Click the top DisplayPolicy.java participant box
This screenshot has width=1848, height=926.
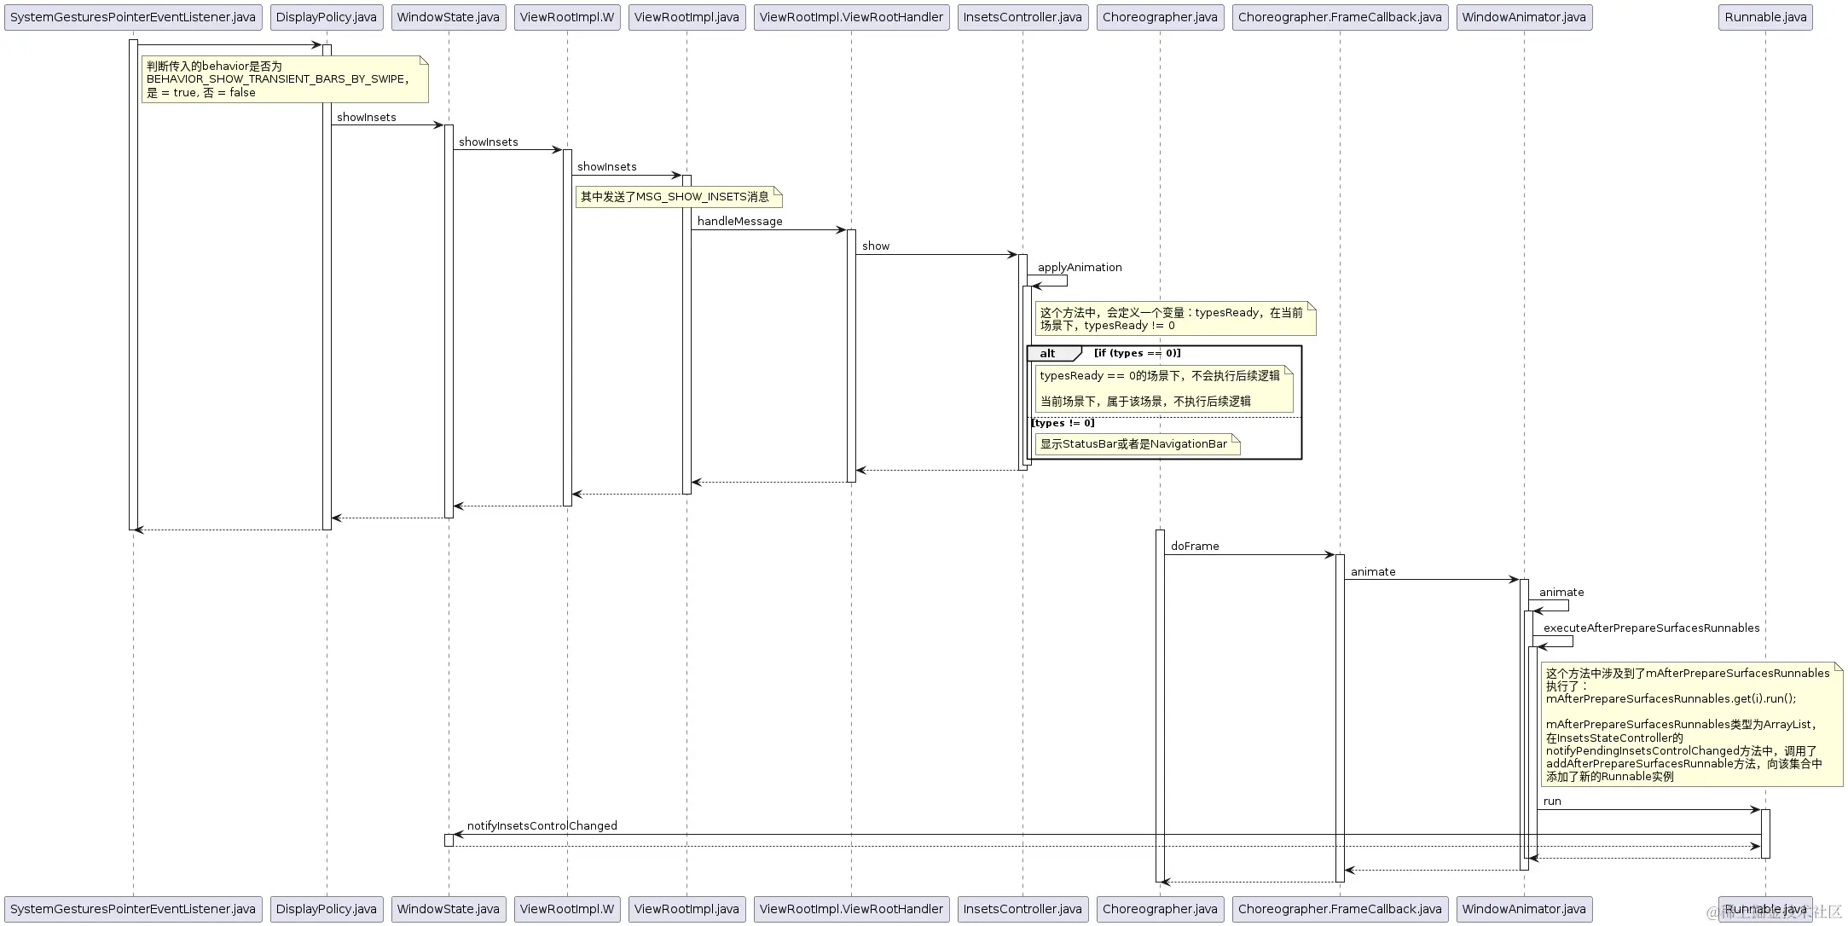(326, 17)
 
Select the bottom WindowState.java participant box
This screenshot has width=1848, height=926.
(448, 909)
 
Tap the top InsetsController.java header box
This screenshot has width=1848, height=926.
(1022, 17)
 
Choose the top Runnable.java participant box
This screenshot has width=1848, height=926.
(1765, 17)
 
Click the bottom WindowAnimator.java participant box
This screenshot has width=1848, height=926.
(1524, 909)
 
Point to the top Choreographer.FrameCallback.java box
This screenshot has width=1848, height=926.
(1340, 17)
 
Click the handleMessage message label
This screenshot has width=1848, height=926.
(739, 222)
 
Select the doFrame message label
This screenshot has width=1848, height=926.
(1195, 547)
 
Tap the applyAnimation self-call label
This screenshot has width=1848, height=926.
(1080, 268)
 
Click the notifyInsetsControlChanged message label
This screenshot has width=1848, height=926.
(542, 826)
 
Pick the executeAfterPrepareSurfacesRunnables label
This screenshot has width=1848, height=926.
(1651, 628)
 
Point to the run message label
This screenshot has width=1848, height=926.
(1552, 802)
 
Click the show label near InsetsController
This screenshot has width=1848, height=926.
(876, 246)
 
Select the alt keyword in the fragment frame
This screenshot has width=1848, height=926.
(1047, 354)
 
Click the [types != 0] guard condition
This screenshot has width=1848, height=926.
(1063, 423)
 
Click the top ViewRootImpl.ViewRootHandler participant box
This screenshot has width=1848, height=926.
(851, 17)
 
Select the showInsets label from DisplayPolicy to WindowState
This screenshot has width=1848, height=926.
(367, 118)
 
